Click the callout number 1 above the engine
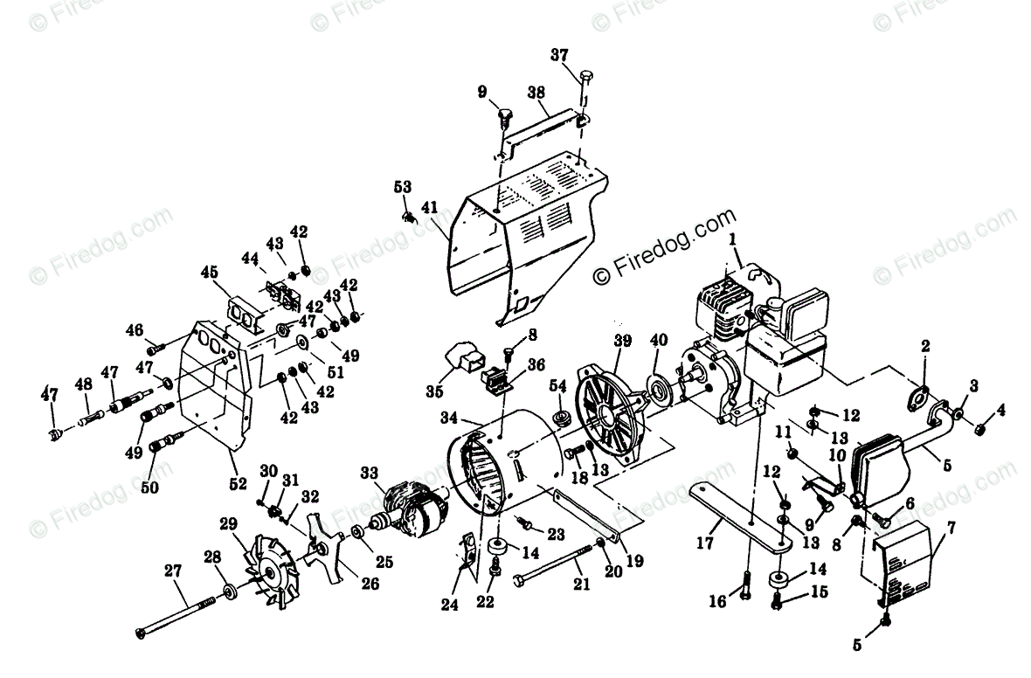coord(732,237)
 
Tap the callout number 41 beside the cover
coord(428,207)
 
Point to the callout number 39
coord(621,340)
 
